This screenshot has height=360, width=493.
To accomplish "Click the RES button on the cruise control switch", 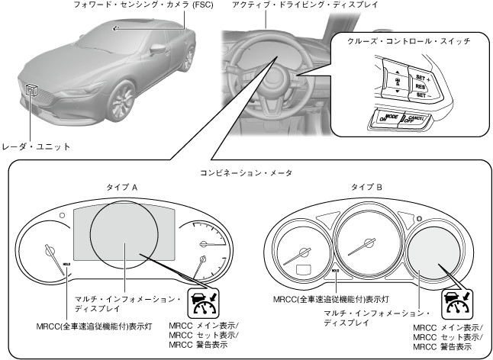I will [420, 88].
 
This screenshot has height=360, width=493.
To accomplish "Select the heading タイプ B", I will [366, 187].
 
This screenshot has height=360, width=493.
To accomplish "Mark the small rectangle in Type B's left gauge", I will [300, 268].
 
